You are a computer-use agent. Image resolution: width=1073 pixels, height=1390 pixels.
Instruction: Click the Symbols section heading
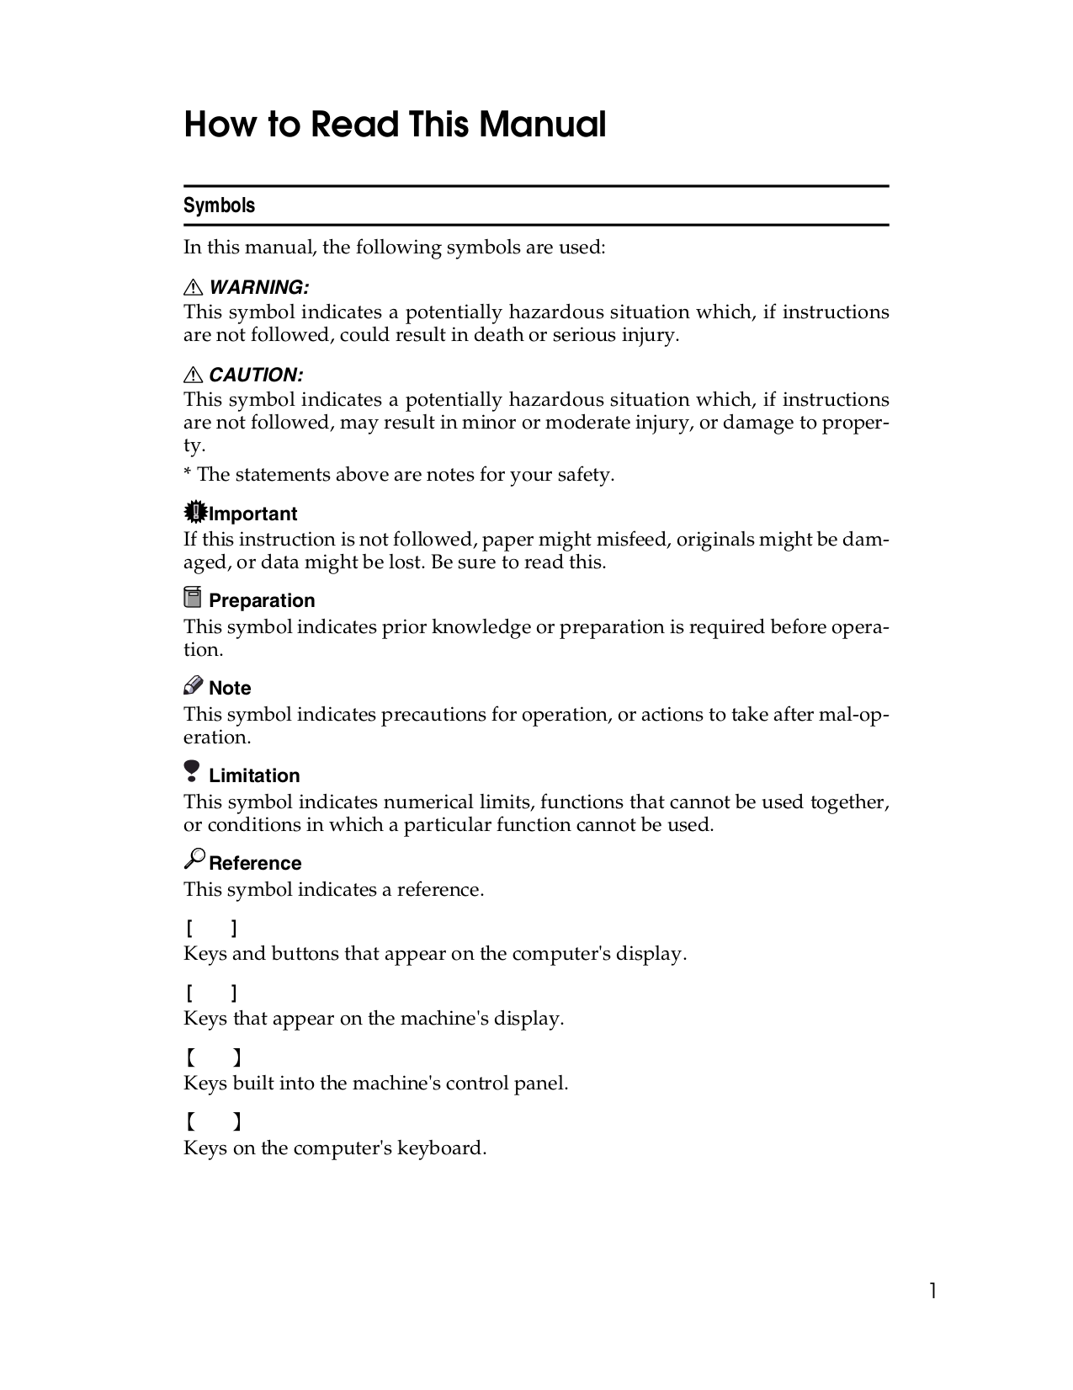219,205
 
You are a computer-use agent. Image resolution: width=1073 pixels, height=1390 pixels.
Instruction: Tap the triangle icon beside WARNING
193,288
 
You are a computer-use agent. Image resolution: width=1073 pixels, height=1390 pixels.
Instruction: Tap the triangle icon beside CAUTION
193,375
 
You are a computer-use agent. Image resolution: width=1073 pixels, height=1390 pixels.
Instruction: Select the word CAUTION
256,375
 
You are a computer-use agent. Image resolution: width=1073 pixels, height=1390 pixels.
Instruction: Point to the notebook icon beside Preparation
193,598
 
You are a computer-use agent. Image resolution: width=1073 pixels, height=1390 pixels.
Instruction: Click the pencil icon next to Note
193,685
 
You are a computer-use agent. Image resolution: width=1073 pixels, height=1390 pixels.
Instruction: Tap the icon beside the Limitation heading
193,772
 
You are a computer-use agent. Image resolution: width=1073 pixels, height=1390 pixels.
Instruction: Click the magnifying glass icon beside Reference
194,859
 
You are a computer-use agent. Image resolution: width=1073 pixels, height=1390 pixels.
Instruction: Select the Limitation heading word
254,775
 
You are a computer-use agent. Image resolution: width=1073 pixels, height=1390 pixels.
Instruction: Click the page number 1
932,1291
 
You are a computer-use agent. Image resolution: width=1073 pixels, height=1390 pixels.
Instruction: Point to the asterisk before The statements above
188,474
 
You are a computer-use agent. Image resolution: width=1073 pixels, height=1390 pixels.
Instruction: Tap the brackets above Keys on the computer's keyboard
214,1121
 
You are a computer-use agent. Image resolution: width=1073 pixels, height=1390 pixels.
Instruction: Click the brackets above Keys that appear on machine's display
212,993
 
